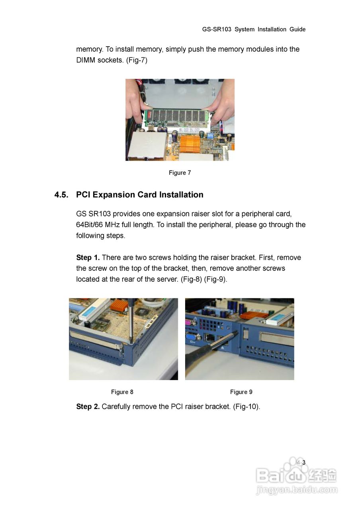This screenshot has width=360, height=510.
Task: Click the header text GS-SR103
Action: (x=216, y=29)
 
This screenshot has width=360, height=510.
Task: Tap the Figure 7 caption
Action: (x=180, y=173)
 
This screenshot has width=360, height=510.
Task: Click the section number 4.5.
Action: (x=61, y=195)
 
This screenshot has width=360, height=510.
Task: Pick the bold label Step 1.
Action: (x=88, y=257)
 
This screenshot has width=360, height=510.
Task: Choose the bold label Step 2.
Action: (x=88, y=406)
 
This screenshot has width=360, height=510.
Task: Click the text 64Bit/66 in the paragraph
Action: (x=90, y=225)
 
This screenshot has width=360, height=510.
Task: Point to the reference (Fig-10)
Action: (x=247, y=407)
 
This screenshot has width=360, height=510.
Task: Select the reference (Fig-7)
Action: (x=137, y=60)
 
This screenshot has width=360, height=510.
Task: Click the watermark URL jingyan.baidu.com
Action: (x=297, y=490)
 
